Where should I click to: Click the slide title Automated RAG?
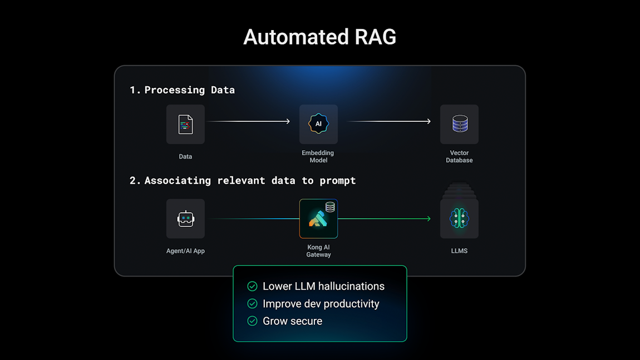coord(319,37)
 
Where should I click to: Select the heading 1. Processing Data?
coord(182,90)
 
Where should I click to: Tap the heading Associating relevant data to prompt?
coord(243,181)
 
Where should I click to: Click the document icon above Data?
coord(185,124)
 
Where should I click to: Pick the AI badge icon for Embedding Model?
coord(318,124)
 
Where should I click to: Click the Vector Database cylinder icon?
coord(459,124)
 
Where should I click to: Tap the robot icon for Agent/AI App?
coord(185,219)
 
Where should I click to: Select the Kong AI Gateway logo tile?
coord(318,219)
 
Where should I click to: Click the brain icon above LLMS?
coord(459,219)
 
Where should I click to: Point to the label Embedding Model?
coord(318,156)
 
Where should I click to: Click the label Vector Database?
coord(459,156)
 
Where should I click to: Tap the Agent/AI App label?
coord(185,251)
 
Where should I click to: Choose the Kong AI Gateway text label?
coord(318,251)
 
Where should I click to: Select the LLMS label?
coord(459,251)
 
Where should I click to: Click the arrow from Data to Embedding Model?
coord(248,121)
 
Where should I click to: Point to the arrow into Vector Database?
coord(390,121)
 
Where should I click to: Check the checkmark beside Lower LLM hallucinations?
coord(252,287)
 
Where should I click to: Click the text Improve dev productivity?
coord(321,304)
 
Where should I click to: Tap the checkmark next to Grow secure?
coord(252,321)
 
